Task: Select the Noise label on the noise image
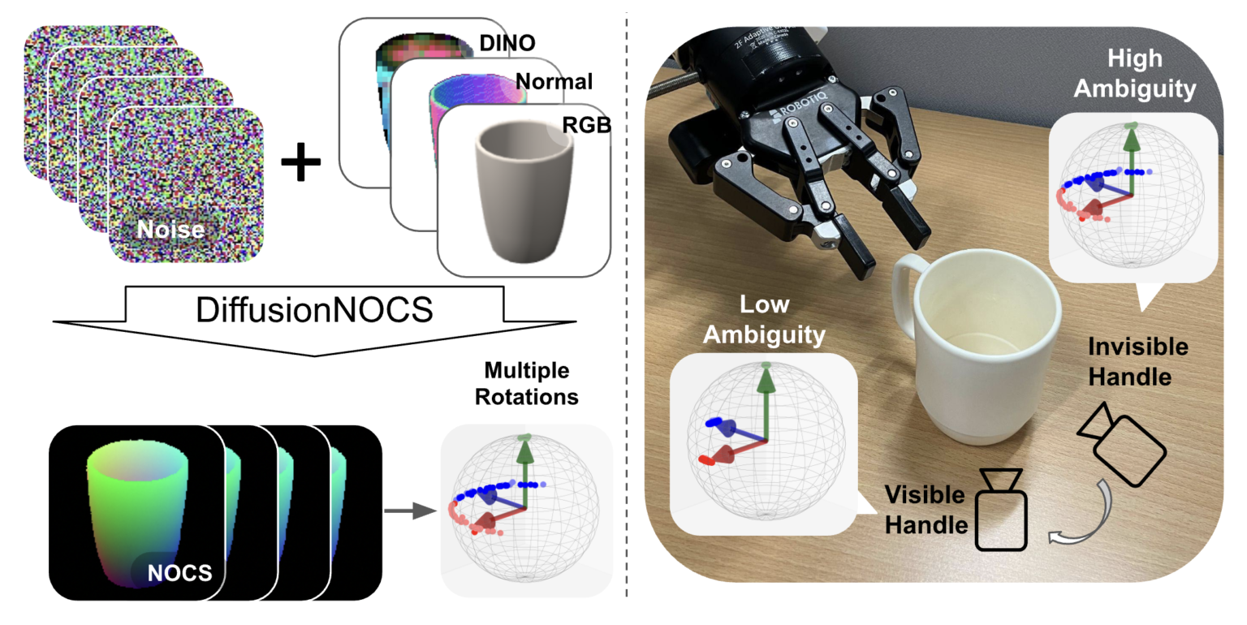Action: [x=169, y=231]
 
